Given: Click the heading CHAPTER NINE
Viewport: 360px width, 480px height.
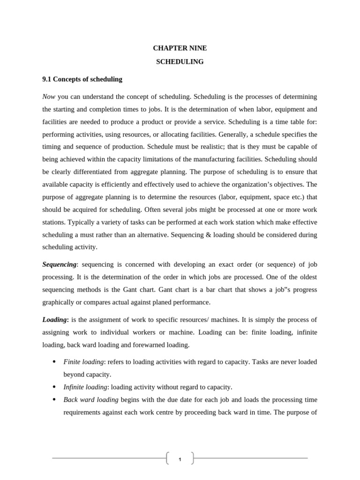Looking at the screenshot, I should pos(180,48).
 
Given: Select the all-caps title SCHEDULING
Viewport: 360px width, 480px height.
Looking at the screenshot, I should pos(180,61).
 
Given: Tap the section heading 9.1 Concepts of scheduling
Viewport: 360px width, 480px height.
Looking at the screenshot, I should pos(82,79).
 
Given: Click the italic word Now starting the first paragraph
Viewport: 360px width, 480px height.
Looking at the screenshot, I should pos(49,97).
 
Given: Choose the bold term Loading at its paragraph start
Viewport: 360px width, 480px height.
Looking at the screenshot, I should pos(55,320).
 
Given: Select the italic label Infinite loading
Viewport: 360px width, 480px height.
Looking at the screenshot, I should pos(85,387).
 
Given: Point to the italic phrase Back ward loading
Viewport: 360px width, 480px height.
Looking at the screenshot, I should pos(91,399).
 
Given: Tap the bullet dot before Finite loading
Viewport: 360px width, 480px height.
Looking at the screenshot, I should pos(54,362).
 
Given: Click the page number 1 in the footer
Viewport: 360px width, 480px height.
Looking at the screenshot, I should pos(180,459).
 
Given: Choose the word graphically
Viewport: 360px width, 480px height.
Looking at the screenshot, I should pos(59,302).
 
